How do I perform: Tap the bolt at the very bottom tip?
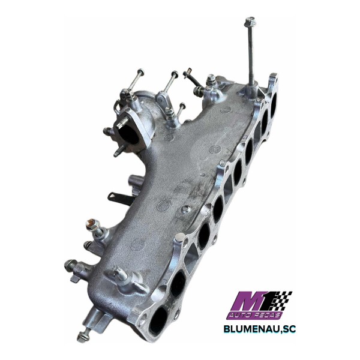point(83,331)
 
